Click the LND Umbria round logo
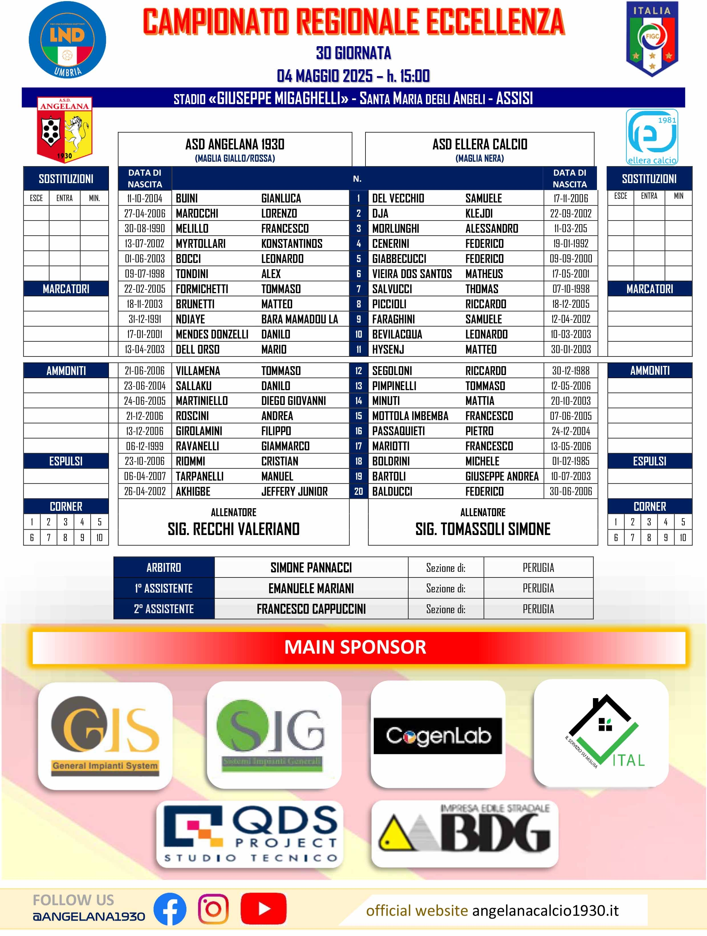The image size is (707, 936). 67,40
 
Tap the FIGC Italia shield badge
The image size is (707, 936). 652,39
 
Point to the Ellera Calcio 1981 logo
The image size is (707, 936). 652,137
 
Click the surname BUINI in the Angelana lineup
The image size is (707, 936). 187,198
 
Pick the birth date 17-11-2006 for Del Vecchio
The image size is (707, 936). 570,198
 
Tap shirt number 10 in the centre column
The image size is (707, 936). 358,334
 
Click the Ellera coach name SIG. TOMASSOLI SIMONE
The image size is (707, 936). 483,529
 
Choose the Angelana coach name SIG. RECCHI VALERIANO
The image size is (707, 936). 233,529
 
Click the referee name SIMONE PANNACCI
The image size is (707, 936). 311,568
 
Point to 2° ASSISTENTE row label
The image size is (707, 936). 164,609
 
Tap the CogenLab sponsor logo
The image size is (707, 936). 438,736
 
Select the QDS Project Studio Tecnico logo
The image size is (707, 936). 250,834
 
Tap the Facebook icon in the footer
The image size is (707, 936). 170,909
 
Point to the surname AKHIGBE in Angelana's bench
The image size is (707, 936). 193,491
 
